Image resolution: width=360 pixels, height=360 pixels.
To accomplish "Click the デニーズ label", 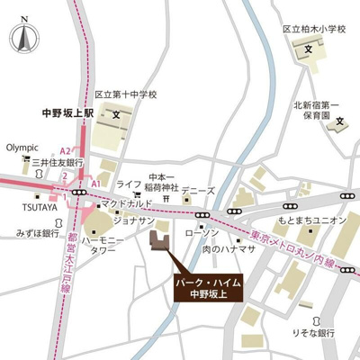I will (198, 192).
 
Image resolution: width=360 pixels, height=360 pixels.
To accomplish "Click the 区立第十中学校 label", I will (126, 94).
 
